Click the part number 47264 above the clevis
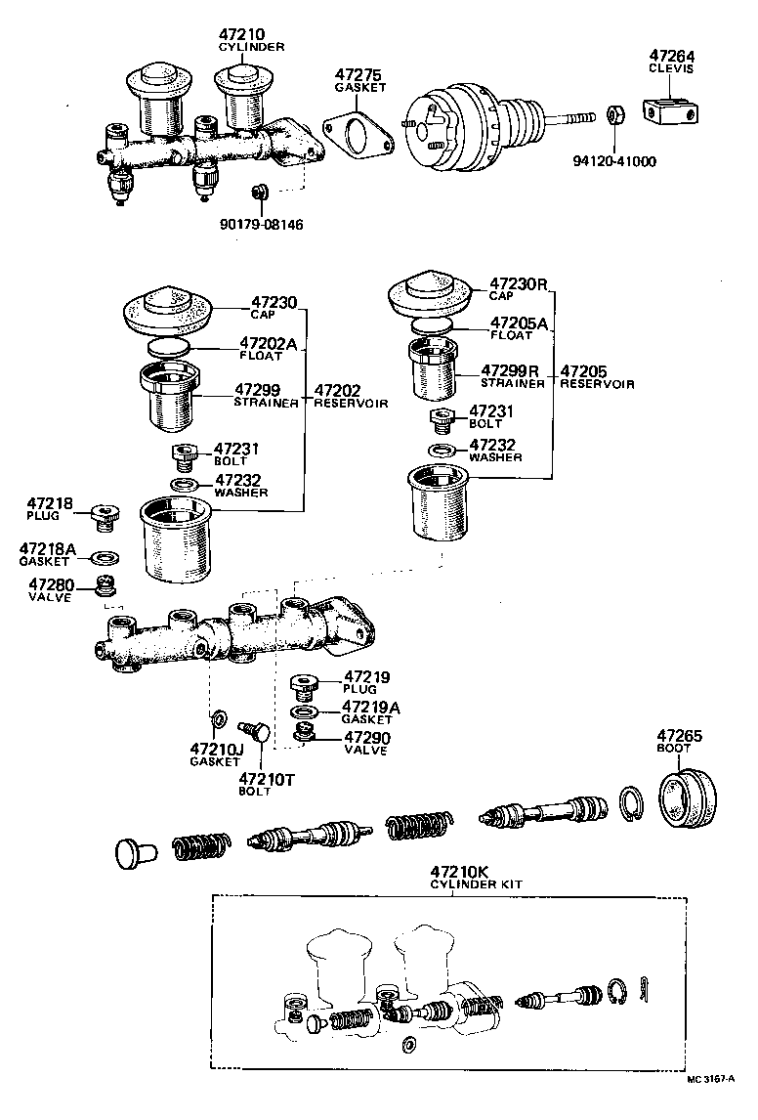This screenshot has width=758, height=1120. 674,56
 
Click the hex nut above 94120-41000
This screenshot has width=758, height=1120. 616,116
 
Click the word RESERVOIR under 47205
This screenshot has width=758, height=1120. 597,384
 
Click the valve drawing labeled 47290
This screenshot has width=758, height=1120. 304,732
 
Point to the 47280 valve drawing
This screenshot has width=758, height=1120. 105,586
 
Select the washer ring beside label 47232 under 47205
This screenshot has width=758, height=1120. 441,450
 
